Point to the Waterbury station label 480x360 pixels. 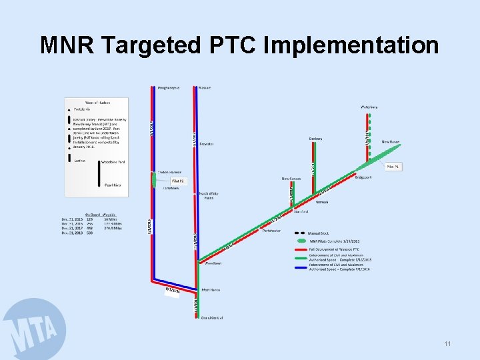pyautogui.click(x=369, y=107)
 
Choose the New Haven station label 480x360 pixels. pyautogui.click(x=391, y=141)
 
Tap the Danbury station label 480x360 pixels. pyautogui.click(x=315, y=139)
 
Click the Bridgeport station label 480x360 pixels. pyautogui.click(x=363, y=178)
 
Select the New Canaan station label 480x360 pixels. pyautogui.click(x=291, y=179)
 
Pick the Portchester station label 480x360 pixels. pyautogui.click(x=272, y=231)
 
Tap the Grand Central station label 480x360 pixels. pyautogui.click(x=211, y=317)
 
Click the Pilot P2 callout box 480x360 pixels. pyautogui.click(x=177, y=181)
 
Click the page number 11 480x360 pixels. pyautogui.click(x=447, y=344)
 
